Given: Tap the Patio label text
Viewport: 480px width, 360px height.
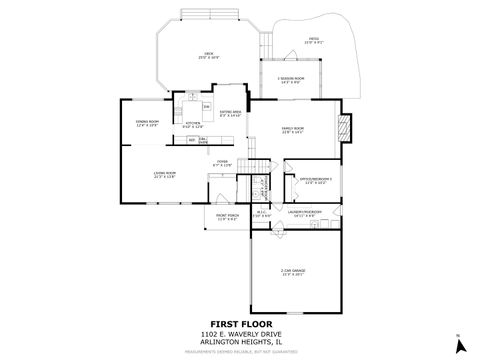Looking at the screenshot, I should (x=313, y=41).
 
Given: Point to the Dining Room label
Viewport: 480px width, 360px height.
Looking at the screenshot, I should (x=149, y=123).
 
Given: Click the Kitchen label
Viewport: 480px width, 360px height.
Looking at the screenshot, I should (x=193, y=125).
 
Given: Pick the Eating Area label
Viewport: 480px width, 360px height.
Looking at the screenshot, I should (x=230, y=114).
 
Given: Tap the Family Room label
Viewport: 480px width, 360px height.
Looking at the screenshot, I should (x=293, y=131).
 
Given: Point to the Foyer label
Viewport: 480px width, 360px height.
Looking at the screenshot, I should (x=223, y=162).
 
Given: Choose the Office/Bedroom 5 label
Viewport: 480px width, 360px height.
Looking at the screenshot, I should (x=315, y=181).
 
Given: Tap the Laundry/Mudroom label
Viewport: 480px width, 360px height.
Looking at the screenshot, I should (x=304, y=213).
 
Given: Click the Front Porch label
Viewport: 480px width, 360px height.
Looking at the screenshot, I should (x=227, y=217).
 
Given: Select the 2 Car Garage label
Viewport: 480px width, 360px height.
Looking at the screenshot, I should (x=292, y=272).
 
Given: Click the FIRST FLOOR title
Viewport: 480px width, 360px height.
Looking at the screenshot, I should (x=239, y=323).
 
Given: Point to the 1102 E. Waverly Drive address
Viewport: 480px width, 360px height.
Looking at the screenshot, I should (x=239, y=333).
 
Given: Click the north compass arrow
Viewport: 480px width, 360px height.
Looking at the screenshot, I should (x=459, y=345).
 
